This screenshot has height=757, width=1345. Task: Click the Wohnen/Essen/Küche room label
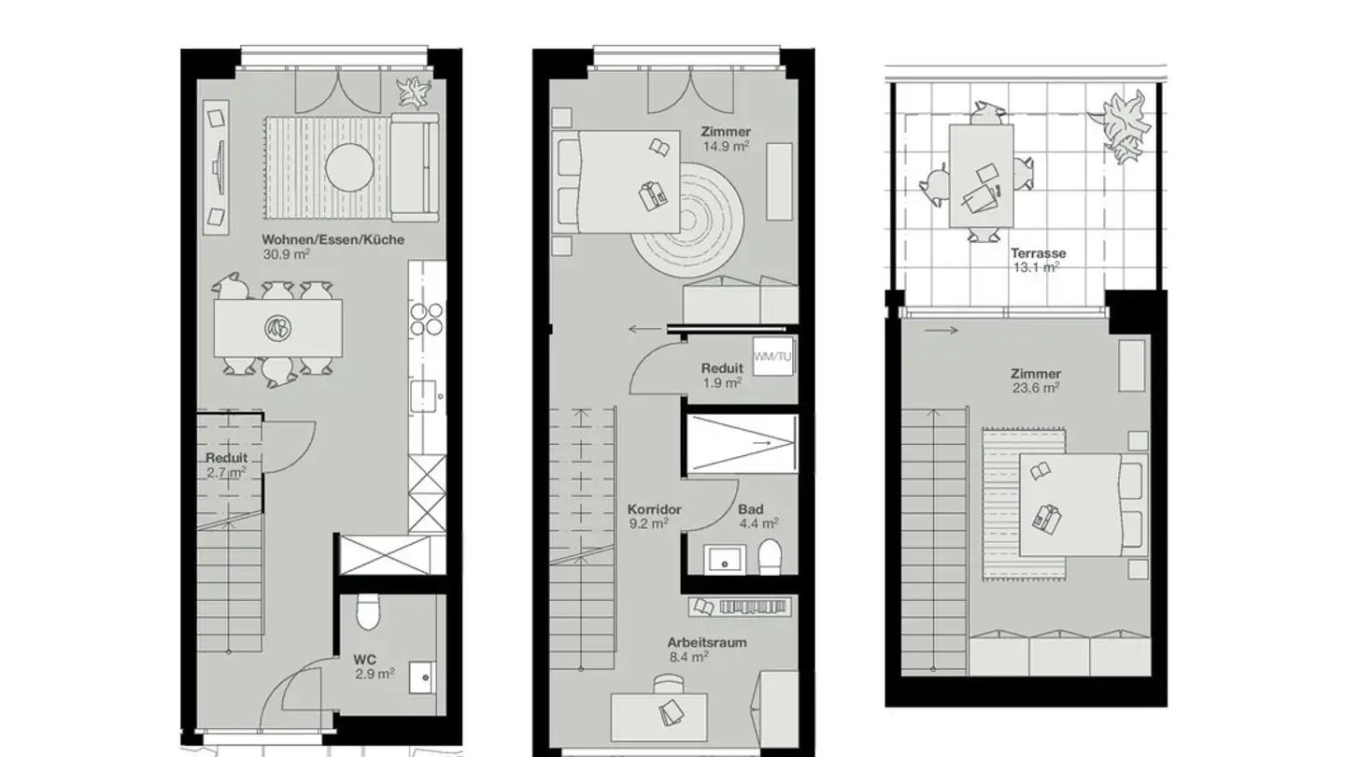pyautogui.click(x=333, y=239)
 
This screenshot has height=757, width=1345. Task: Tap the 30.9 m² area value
pyautogui.click(x=286, y=253)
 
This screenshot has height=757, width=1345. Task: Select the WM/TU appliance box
pyautogui.click(x=772, y=357)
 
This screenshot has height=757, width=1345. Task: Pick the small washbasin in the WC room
pyautogui.click(x=425, y=675)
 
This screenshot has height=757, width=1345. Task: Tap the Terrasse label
pyautogui.click(x=1037, y=253)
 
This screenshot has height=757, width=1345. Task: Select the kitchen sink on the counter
pyautogui.click(x=426, y=394)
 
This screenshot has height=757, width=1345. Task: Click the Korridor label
pyautogui.click(x=654, y=510)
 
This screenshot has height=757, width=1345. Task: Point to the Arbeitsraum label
pyautogui.click(x=706, y=643)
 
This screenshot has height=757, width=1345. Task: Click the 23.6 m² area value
pyautogui.click(x=1036, y=386)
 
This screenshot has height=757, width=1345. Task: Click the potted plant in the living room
pyautogui.click(x=411, y=92)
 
